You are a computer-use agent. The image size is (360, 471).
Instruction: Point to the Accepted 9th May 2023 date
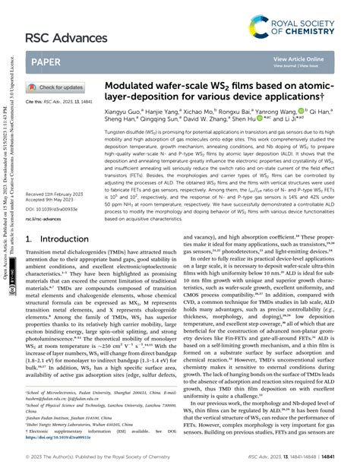click(54, 222)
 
